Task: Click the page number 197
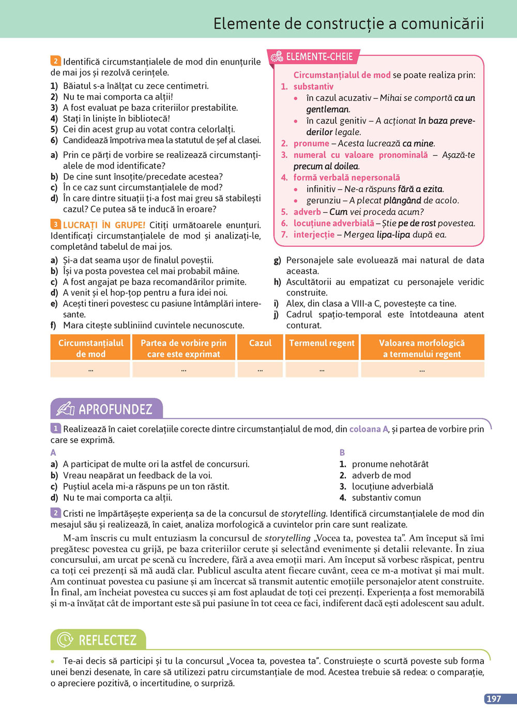(494, 698)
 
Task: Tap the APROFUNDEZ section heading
(115, 409)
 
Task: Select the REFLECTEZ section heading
(108, 640)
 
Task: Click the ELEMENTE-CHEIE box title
(319, 56)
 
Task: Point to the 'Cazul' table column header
(260, 343)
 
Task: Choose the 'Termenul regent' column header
(322, 343)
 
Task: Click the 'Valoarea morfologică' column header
(422, 348)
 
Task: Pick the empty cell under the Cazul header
(260, 369)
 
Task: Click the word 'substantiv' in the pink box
(313, 86)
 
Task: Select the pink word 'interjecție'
(314, 234)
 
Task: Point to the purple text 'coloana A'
(369, 429)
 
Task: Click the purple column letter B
(342, 453)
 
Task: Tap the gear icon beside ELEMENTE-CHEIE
(277, 56)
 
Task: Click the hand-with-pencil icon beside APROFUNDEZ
(65, 409)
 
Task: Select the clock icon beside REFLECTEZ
(65, 640)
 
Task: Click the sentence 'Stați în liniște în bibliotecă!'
(116, 118)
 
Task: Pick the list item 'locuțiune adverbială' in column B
(392, 486)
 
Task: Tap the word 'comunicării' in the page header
(443, 23)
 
